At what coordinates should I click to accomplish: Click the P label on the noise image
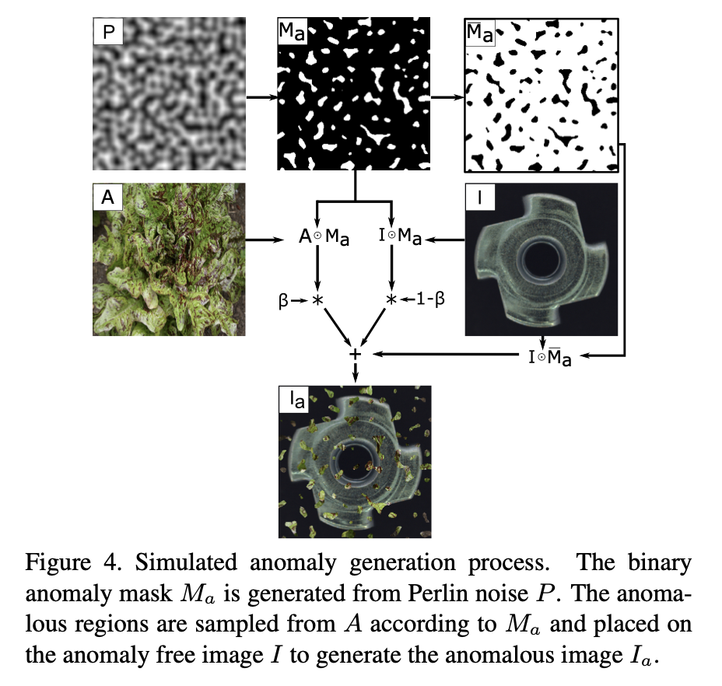(x=108, y=32)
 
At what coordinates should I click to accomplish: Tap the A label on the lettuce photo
(x=107, y=197)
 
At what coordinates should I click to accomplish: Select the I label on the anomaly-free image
(x=480, y=197)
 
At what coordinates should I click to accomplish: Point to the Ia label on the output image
(x=296, y=399)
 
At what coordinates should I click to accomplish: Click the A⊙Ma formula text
(x=324, y=236)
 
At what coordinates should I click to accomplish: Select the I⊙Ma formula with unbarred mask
(x=400, y=236)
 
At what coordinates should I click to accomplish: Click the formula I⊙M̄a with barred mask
(x=550, y=357)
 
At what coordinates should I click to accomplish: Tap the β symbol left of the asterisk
(x=283, y=301)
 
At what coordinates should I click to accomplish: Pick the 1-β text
(x=430, y=299)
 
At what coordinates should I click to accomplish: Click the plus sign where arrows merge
(x=355, y=354)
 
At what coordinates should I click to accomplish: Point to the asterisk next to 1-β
(x=391, y=300)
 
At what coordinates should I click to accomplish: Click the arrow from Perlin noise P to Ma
(x=261, y=97)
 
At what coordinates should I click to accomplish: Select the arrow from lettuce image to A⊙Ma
(x=264, y=240)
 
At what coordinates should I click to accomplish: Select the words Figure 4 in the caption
(x=74, y=562)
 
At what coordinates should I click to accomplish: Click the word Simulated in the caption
(x=186, y=562)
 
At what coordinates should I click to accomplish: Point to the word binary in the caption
(x=660, y=562)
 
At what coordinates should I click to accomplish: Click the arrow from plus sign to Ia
(x=355, y=372)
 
